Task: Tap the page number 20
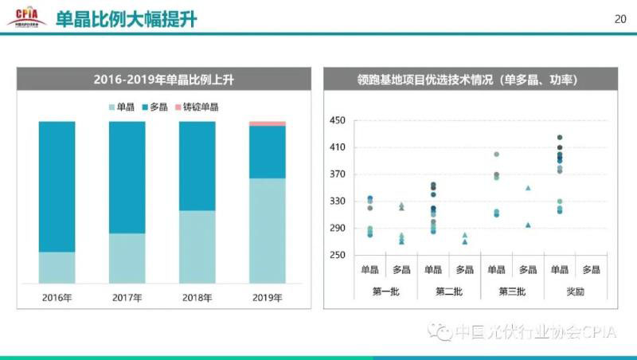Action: [620, 19]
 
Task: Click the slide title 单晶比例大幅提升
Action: [126, 19]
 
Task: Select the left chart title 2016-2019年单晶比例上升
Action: [162, 80]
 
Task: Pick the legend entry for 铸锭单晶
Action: [196, 107]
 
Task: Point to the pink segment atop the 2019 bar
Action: [268, 123]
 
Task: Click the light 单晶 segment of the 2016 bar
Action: [57, 267]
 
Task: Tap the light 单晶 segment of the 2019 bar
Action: [268, 230]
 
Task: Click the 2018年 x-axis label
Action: [197, 298]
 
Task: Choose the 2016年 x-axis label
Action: [57, 298]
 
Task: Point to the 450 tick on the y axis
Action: [337, 121]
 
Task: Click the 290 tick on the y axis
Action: [337, 229]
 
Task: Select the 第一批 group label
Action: [385, 292]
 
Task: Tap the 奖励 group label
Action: [575, 292]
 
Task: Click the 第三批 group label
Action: [512, 292]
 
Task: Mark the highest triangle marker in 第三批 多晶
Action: [528, 188]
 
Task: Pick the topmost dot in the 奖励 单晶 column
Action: [560, 138]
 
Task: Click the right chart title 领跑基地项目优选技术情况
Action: [467, 80]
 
